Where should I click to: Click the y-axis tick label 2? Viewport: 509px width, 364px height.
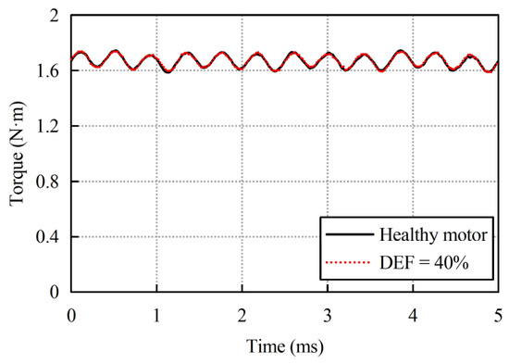(x=54, y=16)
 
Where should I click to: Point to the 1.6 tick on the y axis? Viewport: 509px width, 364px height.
(x=47, y=71)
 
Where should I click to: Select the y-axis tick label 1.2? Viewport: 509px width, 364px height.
(x=47, y=126)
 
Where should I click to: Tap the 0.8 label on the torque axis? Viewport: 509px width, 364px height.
(x=47, y=182)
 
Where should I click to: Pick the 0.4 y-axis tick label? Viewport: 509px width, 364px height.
(x=47, y=237)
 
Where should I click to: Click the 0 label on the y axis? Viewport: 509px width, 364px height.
(x=54, y=292)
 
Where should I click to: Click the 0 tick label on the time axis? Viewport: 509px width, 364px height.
(x=71, y=315)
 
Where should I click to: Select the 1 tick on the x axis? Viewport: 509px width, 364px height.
(x=156, y=315)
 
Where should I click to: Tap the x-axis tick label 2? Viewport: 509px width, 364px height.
(x=242, y=315)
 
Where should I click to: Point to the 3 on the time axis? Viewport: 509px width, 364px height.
(x=328, y=315)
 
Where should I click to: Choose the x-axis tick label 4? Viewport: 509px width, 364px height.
(x=413, y=315)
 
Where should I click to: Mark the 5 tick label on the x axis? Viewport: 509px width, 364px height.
(x=498, y=315)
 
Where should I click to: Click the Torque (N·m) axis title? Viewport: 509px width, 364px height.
(x=17, y=154)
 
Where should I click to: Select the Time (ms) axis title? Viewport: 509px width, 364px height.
(x=285, y=346)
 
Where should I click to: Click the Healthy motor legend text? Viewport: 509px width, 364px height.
(x=433, y=234)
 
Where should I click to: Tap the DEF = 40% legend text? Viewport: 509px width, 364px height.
(x=424, y=263)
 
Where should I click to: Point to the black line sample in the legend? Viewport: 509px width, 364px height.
(x=350, y=234)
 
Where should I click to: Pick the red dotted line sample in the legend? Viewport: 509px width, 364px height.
(x=348, y=262)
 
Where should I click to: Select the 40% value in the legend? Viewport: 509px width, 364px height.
(x=452, y=263)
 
